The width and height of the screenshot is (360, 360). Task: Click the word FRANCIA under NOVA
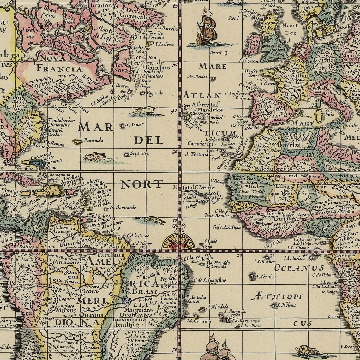click(59, 69)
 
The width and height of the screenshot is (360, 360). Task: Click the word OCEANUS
click(299, 268)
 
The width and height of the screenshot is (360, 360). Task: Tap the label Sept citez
click(140, 154)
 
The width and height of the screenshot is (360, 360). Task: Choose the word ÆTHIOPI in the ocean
click(277, 297)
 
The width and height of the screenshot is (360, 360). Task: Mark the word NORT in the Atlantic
click(142, 184)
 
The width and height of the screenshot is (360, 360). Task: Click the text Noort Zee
click(290, 29)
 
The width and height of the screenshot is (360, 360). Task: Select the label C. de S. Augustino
click(210, 280)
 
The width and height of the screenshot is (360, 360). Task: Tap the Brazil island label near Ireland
click(216, 53)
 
